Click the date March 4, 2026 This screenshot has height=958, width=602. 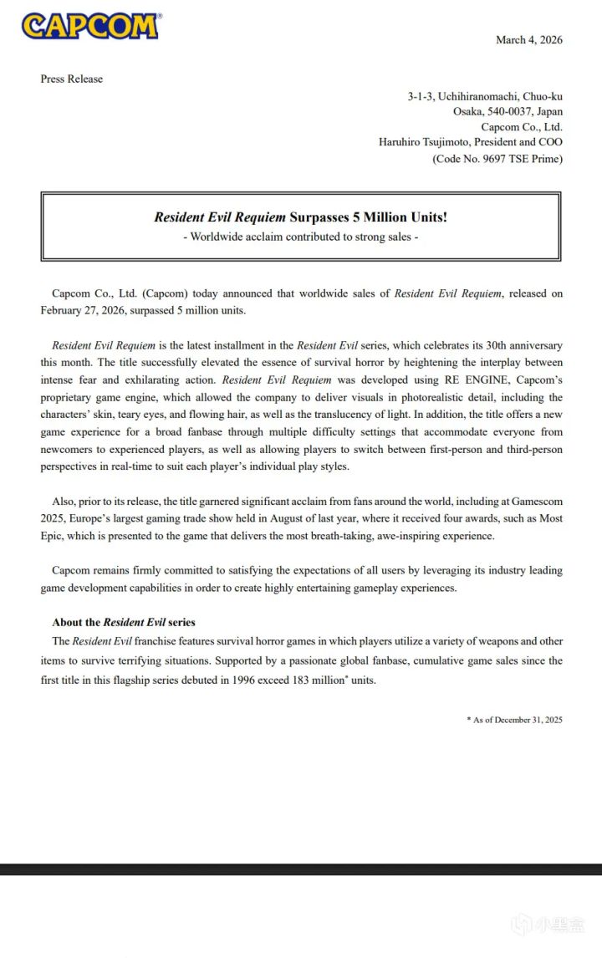click(x=528, y=39)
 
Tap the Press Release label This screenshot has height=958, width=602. click(x=72, y=79)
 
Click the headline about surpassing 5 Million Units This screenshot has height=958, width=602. click(x=300, y=217)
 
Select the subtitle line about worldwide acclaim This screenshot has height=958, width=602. click(x=300, y=237)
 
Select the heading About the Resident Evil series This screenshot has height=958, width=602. click(x=124, y=623)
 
